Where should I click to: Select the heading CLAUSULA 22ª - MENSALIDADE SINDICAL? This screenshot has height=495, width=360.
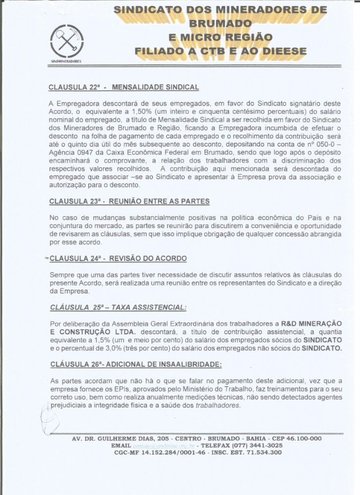tap(123, 87)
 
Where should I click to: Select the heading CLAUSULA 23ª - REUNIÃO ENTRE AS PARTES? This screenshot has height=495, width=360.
tap(129, 201)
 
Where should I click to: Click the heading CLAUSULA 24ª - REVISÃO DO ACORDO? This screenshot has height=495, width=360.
tap(118, 258)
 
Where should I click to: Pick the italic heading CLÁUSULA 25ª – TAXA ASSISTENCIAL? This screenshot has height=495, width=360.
tap(118, 307)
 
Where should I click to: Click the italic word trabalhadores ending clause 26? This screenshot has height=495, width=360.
tap(218, 405)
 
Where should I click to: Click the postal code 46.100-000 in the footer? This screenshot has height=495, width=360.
tap(302, 439)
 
